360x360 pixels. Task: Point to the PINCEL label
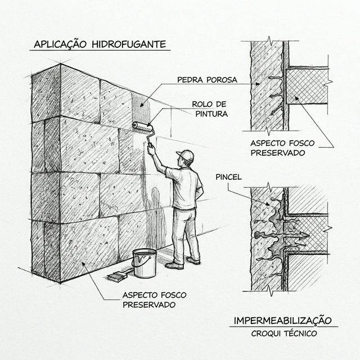click(228, 177)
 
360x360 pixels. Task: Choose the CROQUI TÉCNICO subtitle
click(283, 334)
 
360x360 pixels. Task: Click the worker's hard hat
click(184, 155)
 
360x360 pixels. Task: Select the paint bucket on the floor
click(145, 263)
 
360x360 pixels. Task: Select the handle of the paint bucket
click(145, 256)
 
